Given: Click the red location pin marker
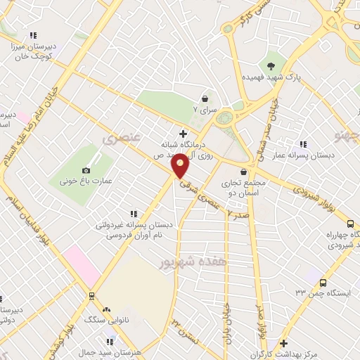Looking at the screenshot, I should click(181, 166).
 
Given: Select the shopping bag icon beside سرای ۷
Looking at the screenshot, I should click(205, 99).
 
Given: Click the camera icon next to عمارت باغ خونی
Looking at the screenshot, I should click(86, 170).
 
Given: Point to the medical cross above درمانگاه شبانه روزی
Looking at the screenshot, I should click(184, 133).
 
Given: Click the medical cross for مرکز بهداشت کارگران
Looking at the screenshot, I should click(283, 344).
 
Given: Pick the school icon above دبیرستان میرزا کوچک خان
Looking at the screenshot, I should click(32, 35).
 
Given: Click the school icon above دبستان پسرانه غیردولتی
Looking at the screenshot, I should click(133, 214).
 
